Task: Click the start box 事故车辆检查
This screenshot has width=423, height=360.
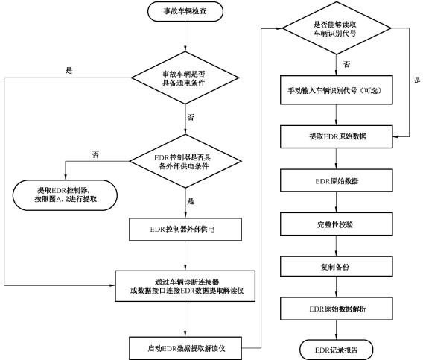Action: pyautogui.click(x=185, y=11)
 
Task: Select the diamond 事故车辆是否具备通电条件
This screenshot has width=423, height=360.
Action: pyautogui.click(x=185, y=78)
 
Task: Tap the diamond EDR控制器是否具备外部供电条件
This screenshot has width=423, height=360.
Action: pyautogui.click(x=185, y=161)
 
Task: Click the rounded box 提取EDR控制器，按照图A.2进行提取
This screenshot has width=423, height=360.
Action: pyautogui.click(x=65, y=195)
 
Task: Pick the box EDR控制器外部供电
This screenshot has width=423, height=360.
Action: pyautogui.click(x=185, y=230)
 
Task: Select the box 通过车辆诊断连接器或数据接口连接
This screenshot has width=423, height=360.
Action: pyautogui.click(x=185, y=286)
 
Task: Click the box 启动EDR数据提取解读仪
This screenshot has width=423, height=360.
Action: pyautogui.click(x=185, y=348)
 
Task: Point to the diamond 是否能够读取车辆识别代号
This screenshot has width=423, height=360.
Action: pyautogui.click(x=336, y=28)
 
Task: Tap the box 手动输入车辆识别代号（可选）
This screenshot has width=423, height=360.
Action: pyautogui.click(x=337, y=90)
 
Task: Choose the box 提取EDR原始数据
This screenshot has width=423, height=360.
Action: pyautogui.click(x=337, y=136)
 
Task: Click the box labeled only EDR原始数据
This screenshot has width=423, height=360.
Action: pyautogui.click(x=337, y=180)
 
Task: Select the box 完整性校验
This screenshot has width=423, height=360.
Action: pyautogui.click(x=337, y=224)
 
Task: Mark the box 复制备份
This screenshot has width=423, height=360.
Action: pyautogui.click(x=337, y=266)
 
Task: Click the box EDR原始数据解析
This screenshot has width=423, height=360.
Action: pyautogui.click(x=337, y=309)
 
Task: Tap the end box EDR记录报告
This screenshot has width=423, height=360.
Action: pyautogui.click(x=336, y=350)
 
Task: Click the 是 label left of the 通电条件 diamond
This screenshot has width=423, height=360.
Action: pyautogui.click(x=69, y=71)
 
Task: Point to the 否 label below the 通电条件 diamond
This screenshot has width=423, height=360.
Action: pyautogui.click(x=191, y=117)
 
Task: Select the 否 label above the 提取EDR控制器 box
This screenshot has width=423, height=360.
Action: pyautogui.click(x=95, y=155)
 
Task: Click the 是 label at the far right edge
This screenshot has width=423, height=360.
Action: pyautogui.click(x=417, y=80)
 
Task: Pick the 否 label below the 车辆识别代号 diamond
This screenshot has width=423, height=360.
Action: pyautogui.click(x=347, y=64)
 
